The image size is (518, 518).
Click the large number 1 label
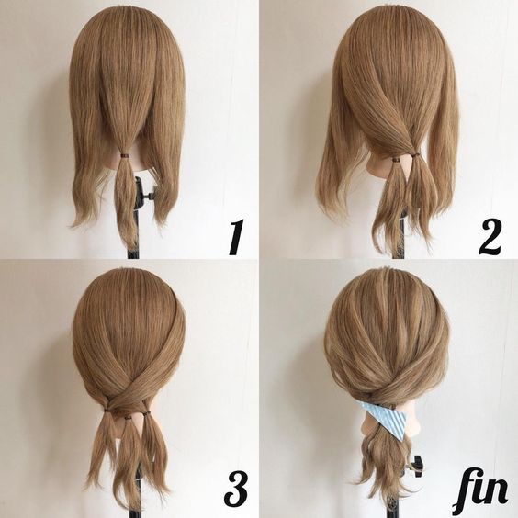(x=237, y=238)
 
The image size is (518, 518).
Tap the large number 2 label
(x=490, y=237)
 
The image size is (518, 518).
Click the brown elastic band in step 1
(x=125, y=155)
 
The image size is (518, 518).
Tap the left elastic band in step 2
(x=395, y=160)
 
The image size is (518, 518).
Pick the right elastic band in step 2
(x=414, y=153)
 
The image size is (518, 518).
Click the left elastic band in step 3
(x=107, y=411)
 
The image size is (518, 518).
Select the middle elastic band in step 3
(x=128, y=419)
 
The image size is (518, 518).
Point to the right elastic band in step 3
(x=146, y=412)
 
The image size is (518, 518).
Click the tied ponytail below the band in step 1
(x=125, y=198)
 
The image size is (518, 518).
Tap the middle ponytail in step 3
(x=129, y=456)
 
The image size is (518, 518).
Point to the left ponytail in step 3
(x=103, y=449)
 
